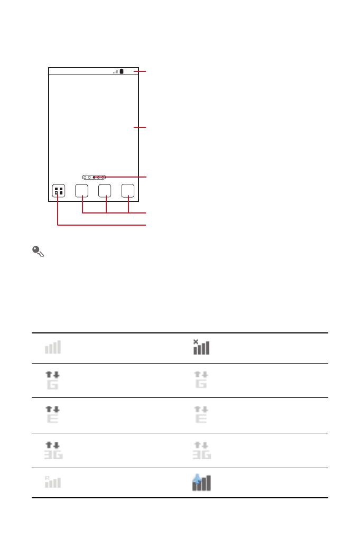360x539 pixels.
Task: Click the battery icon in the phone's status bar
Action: pyautogui.click(x=122, y=71)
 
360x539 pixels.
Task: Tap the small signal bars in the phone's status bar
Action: pyautogui.click(x=116, y=72)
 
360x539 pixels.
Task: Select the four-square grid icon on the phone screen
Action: pyautogui.click(x=59, y=191)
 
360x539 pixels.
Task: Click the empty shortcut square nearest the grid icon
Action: pyautogui.click(x=81, y=191)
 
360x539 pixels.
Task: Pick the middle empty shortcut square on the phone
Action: pyautogui.click(x=105, y=191)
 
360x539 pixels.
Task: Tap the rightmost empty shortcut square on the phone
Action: pyautogui.click(x=127, y=191)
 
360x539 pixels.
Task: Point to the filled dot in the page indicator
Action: pyautogui.click(x=94, y=178)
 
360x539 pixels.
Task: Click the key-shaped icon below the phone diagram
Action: pyautogui.click(x=38, y=252)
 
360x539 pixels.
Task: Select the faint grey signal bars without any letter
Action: pyautogui.click(x=53, y=347)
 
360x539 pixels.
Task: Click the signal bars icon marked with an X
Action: pyautogui.click(x=201, y=347)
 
